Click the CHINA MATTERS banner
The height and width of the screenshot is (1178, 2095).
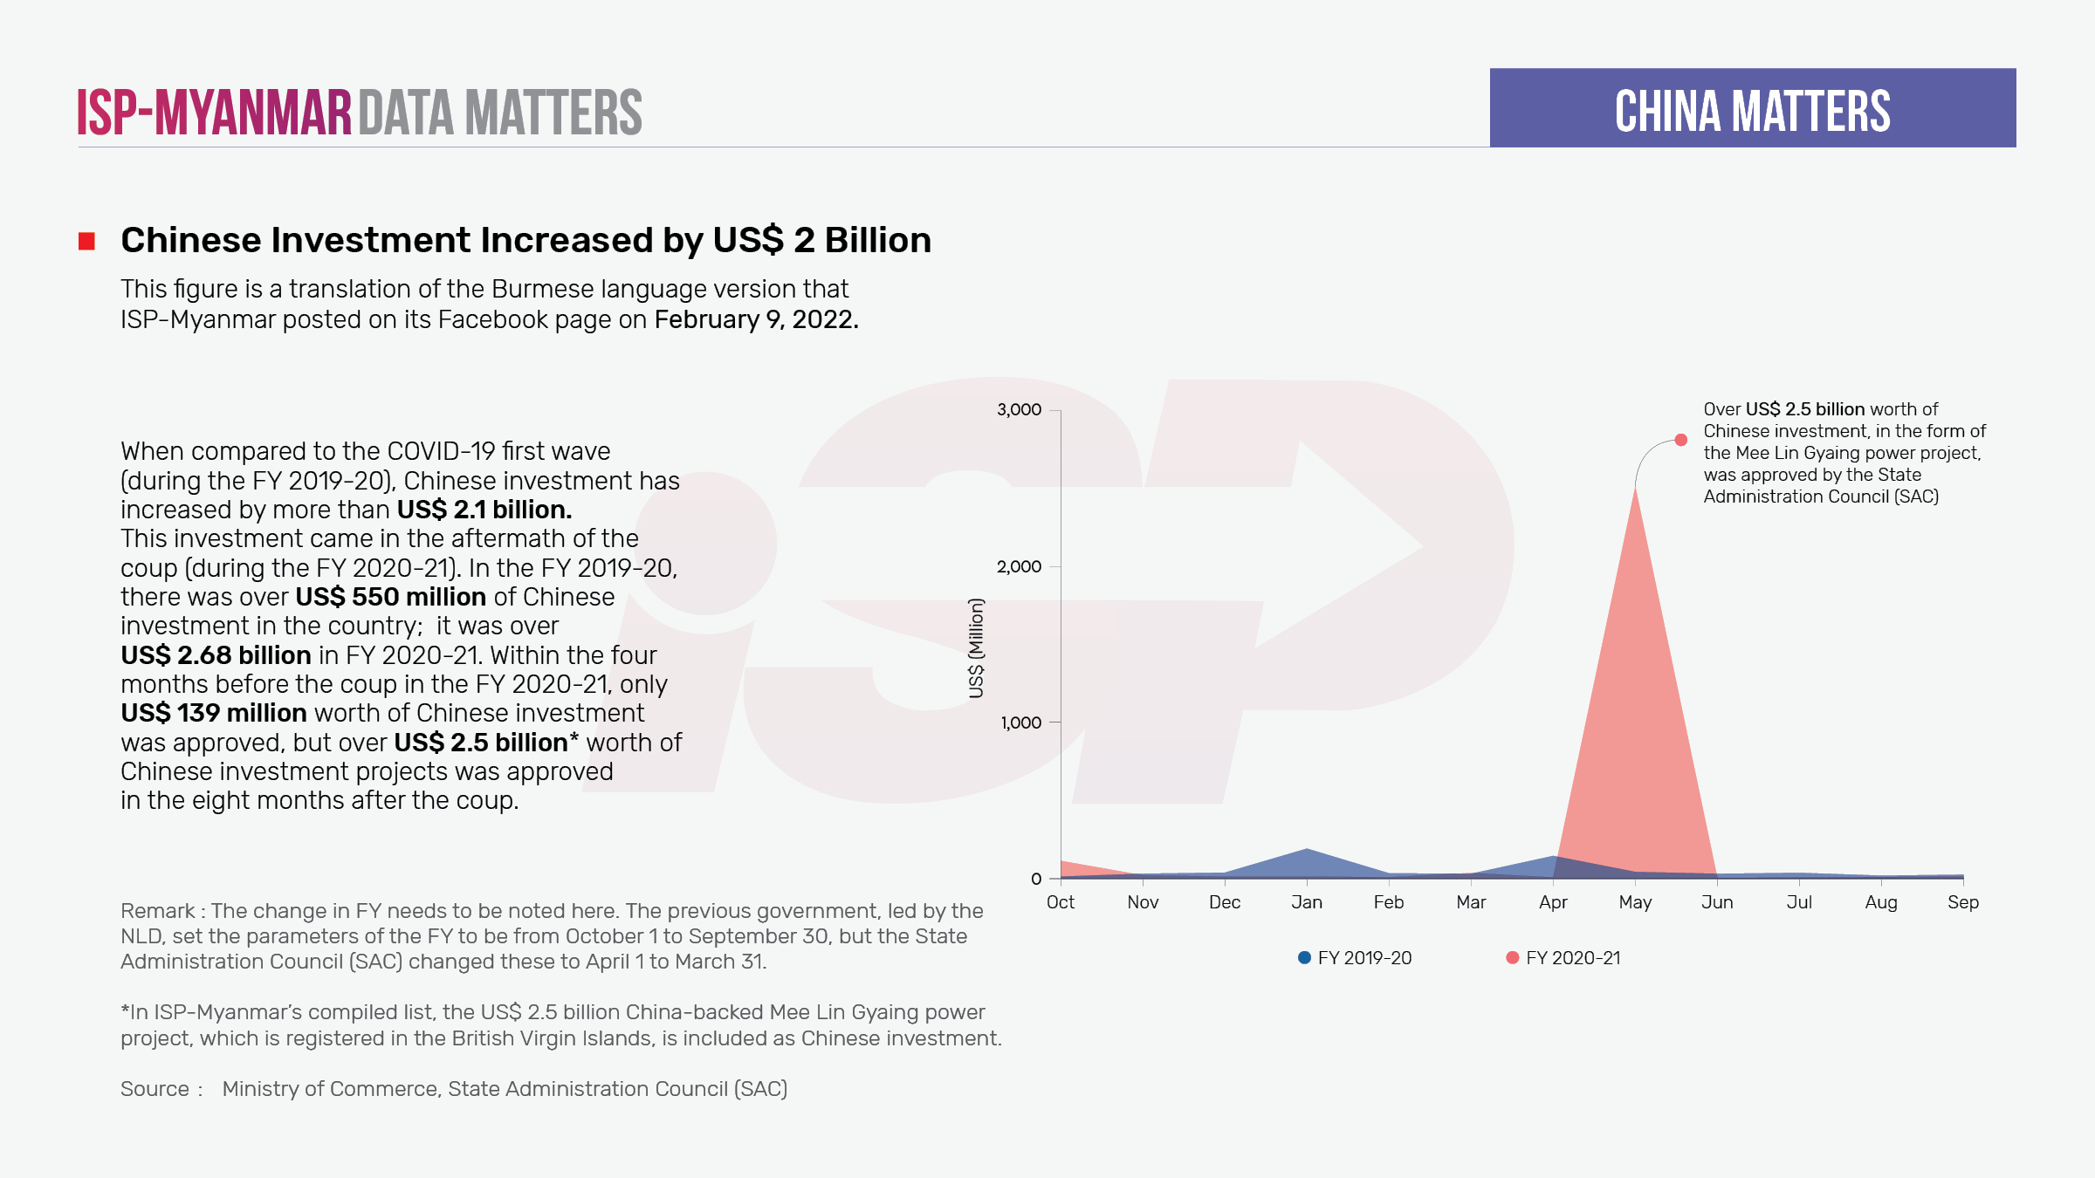point(1752,108)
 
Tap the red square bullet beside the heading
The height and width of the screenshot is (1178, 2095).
point(86,241)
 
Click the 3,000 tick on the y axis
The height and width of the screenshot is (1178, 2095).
point(1019,410)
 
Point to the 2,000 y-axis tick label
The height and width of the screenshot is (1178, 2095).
point(1019,567)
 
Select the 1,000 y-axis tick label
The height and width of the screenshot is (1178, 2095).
point(1020,723)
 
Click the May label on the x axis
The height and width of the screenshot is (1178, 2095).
point(1635,902)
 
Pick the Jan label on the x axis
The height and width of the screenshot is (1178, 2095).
point(1307,902)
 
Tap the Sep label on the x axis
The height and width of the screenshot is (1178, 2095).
point(1962,902)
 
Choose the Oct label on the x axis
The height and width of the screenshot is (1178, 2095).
point(1061,902)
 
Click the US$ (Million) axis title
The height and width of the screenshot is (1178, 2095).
point(976,647)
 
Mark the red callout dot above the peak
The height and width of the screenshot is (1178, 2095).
point(1680,440)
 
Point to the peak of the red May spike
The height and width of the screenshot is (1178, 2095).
point(1635,490)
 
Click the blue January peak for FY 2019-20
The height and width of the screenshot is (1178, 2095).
point(1307,850)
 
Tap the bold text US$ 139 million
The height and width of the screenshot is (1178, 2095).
point(214,713)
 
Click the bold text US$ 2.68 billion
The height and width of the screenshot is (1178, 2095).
point(216,655)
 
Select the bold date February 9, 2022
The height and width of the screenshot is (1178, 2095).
point(756,319)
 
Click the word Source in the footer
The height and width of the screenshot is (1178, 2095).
point(155,1089)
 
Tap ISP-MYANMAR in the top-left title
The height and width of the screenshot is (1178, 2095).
point(214,113)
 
